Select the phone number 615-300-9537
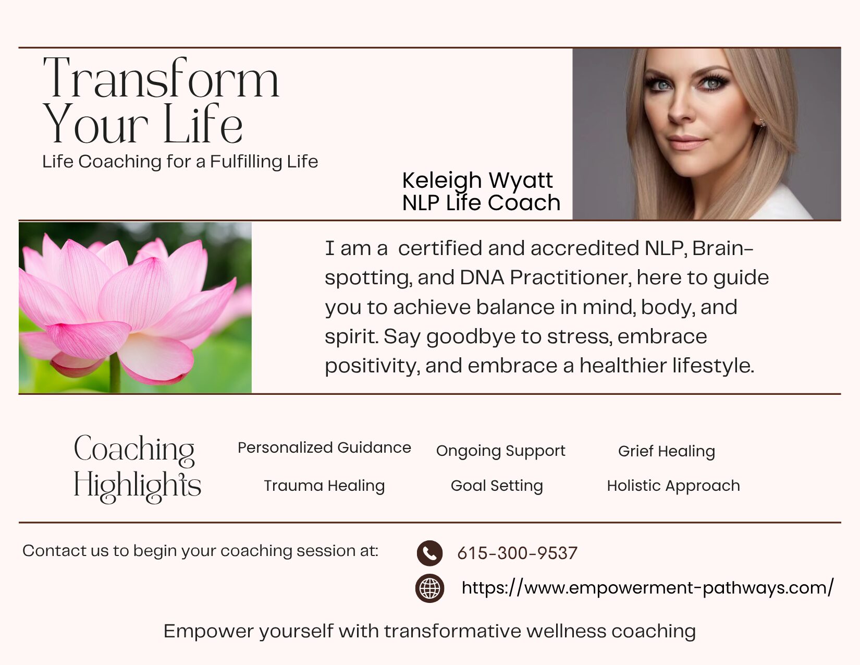517,553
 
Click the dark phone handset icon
429,553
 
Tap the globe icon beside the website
429,588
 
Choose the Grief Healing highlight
667,452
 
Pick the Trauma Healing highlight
324,486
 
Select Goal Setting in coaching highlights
497,486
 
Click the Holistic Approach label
673,486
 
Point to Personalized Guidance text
324,448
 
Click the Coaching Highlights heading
137,468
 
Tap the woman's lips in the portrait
686,142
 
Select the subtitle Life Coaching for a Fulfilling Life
180,162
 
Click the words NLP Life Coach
481,203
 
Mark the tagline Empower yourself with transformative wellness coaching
429,631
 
